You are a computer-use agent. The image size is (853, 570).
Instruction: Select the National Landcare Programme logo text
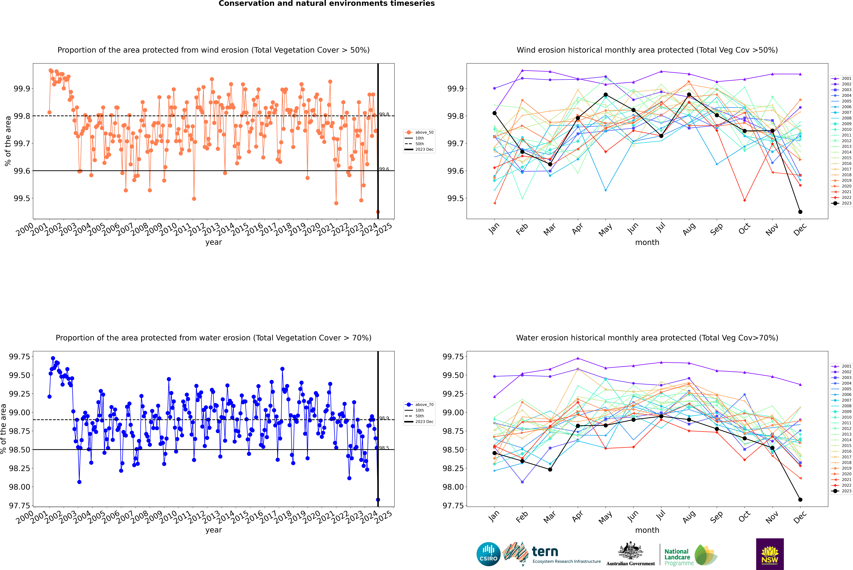[x=677, y=557]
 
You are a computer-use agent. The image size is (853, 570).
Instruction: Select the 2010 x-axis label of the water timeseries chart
[x=168, y=517]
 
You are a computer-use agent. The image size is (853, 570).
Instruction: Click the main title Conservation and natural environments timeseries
[x=326, y=4]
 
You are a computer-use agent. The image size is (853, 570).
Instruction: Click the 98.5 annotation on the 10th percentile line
[x=384, y=448]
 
